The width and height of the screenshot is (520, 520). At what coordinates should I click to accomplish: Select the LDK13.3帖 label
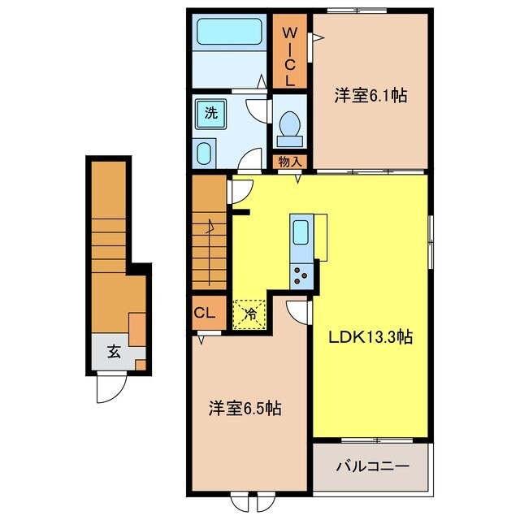pos(370,336)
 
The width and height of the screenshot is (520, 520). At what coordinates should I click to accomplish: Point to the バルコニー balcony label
pos(370,468)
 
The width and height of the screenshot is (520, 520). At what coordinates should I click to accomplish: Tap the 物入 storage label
pos(290,162)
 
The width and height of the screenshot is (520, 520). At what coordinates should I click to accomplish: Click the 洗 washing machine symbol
pos(210,115)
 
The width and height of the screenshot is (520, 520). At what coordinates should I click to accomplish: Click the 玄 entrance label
pos(115,353)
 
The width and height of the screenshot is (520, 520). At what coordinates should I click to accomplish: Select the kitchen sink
pos(301,233)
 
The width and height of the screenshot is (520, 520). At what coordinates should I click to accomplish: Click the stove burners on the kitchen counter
pos(301,275)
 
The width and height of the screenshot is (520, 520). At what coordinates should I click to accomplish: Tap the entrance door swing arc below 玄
pos(110,388)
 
